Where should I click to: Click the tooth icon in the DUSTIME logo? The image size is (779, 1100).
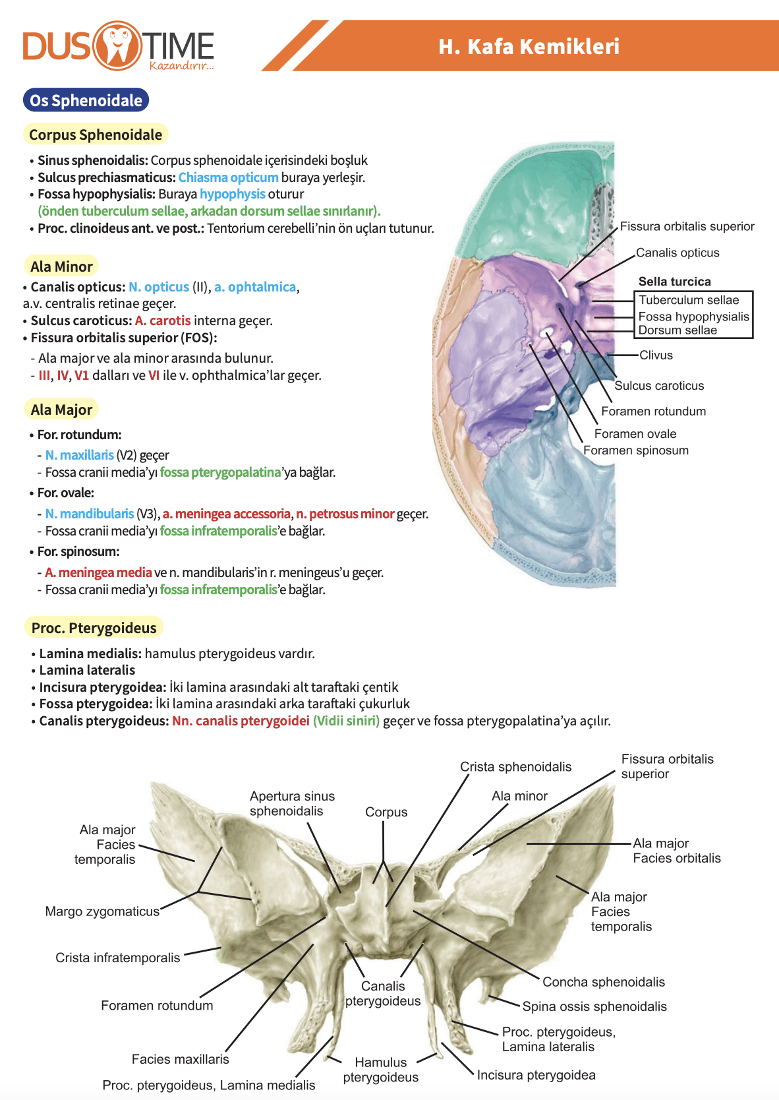(118, 46)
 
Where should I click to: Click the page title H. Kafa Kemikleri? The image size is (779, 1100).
(529, 47)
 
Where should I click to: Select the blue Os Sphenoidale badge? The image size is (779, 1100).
(86, 100)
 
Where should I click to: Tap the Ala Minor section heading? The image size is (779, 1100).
(61, 266)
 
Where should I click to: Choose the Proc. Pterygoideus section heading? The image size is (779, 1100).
(94, 628)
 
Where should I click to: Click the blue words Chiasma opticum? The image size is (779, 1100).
(228, 177)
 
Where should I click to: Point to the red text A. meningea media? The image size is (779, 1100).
(98, 572)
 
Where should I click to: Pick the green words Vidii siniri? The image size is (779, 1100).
(347, 721)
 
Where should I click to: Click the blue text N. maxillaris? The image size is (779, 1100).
(80, 455)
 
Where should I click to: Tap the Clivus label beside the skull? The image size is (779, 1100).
(656, 355)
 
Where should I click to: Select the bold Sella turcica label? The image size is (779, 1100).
(674, 282)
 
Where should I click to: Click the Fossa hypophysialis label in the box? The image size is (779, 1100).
(693, 317)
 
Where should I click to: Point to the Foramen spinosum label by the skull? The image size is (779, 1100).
(636, 450)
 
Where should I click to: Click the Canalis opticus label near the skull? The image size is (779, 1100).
(678, 253)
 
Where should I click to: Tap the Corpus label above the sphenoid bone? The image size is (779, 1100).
(386, 812)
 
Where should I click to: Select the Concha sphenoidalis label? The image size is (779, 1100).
(603, 982)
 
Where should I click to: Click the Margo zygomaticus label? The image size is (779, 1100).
(102, 911)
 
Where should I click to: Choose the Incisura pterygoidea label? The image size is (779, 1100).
(536, 1075)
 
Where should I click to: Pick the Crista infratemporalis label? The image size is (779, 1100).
(118, 958)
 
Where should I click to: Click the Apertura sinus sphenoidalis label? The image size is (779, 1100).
(292, 803)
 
